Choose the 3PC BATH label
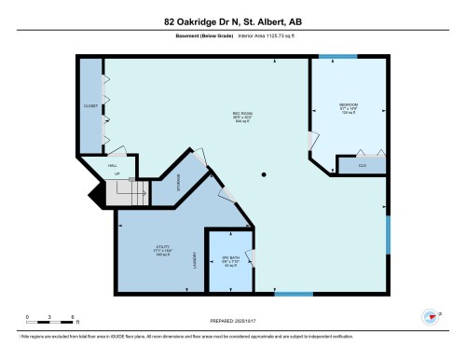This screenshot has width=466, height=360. [230, 258]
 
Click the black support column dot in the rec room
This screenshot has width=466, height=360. [265, 173]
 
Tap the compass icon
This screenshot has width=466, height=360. [430, 317]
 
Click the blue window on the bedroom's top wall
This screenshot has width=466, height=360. [331, 56]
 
